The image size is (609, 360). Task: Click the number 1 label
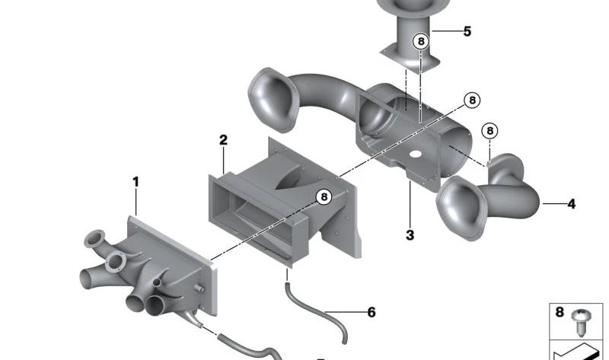[x=136, y=182]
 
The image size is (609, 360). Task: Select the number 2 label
[x=223, y=140]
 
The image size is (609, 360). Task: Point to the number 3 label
[x=410, y=235]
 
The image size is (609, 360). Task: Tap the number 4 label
[x=572, y=204]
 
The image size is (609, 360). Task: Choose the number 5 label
[x=467, y=31]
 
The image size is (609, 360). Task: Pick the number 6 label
[x=371, y=312]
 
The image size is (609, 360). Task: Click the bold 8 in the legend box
[x=560, y=312]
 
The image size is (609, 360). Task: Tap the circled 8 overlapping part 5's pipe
[x=421, y=41]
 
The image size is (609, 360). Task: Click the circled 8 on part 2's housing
[x=324, y=197]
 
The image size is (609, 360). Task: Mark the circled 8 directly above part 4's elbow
[x=489, y=131]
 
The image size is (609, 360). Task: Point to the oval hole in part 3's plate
[x=415, y=155]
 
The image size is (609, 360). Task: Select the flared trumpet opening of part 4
[x=461, y=208]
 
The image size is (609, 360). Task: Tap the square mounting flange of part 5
[x=410, y=59]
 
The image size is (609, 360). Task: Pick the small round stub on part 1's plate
[x=199, y=288]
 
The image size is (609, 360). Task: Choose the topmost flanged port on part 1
[x=94, y=239]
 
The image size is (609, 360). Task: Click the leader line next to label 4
[x=554, y=203]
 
